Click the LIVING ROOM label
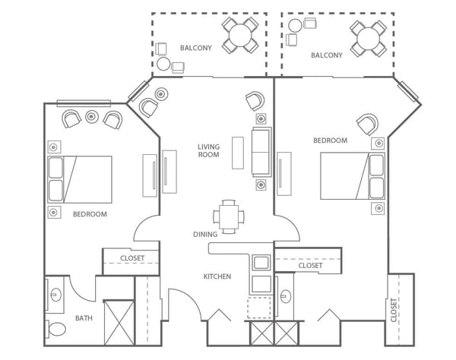point(208,151)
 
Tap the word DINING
point(205,234)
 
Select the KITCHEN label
point(217,276)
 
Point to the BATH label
point(84,318)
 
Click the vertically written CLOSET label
point(394,310)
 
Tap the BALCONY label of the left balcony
point(196,48)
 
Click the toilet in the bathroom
point(55,329)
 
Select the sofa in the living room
point(261,152)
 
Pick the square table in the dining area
point(229,216)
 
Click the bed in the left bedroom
point(80,179)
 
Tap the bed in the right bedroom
point(353,176)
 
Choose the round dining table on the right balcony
point(369,39)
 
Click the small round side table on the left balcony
point(163,64)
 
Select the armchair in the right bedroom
point(368,124)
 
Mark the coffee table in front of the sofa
point(238,153)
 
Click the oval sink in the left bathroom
point(55,295)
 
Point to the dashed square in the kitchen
point(259,308)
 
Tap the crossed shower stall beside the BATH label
point(119,323)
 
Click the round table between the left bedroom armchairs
point(91,116)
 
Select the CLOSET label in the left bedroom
point(132,258)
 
